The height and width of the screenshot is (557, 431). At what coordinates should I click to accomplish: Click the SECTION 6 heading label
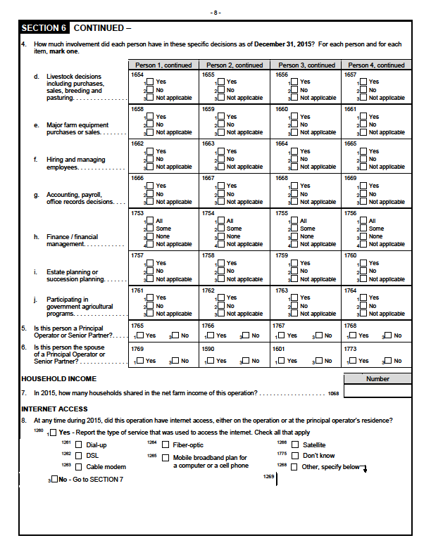click(x=44, y=29)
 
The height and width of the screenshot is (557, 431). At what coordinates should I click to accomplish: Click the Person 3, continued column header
click(x=306, y=65)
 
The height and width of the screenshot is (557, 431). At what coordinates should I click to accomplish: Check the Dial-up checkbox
click(x=79, y=445)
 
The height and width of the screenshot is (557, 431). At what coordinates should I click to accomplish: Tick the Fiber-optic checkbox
click(x=165, y=445)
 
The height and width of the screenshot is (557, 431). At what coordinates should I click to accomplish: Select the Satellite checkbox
click(x=294, y=445)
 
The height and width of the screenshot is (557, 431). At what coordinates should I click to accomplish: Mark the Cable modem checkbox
click(x=79, y=466)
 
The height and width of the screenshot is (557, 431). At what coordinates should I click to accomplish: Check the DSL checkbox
click(x=79, y=456)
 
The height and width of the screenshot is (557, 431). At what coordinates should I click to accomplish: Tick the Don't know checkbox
click(x=294, y=456)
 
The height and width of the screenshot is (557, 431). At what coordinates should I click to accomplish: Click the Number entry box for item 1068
click(x=377, y=392)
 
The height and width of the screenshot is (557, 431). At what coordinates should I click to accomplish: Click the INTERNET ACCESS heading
click(x=54, y=409)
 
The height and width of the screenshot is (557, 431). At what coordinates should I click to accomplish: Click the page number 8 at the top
click(x=216, y=13)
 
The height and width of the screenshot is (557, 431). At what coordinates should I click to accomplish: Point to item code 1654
click(x=137, y=74)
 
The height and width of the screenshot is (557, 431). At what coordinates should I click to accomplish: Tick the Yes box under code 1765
click(x=140, y=335)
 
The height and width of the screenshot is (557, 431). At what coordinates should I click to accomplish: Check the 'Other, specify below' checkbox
click(x=294, y=466)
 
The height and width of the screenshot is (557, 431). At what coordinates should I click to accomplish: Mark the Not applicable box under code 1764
click(x=363, y=314)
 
